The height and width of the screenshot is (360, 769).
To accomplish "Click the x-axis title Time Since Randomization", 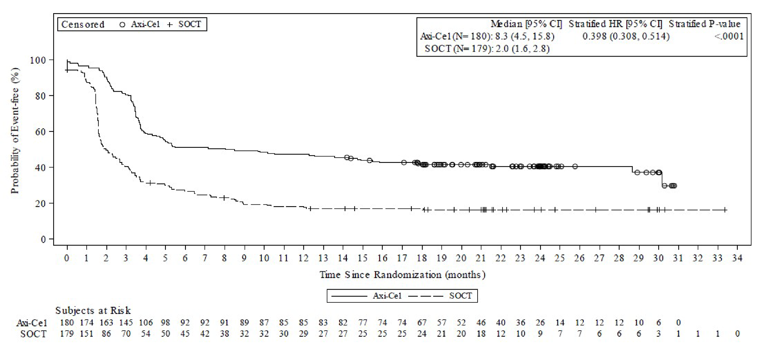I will [402, 275].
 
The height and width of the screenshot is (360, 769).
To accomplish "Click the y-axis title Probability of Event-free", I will [15, 130].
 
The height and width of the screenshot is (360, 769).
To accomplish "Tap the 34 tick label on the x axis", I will [737, 258].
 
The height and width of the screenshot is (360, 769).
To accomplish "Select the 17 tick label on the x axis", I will [402, 258].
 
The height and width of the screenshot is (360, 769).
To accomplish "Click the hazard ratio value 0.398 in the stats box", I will [594, 37].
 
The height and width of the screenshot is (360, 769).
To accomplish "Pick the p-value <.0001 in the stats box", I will [729, 37].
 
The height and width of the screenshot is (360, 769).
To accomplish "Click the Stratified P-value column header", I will [704, 24].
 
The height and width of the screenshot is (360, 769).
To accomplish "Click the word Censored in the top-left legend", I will [83, 25].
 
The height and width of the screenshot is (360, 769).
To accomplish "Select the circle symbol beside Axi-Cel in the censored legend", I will [122, 25].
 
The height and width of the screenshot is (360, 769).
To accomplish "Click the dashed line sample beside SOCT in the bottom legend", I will [426, 296].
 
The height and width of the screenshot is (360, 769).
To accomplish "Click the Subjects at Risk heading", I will [93, 311].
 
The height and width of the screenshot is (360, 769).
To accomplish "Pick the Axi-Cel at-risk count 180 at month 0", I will [67, 323].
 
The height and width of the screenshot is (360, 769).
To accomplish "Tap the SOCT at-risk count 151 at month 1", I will [86, 334].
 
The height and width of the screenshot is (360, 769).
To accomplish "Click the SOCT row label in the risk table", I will [33, 334].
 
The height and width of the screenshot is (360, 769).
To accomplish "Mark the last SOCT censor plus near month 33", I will [725, 210].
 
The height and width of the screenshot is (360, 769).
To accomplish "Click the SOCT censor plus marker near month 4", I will [150, 183].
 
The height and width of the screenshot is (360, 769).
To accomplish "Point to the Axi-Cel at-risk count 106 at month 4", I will [146, 323].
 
